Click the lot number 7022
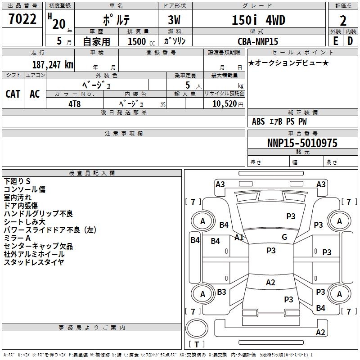tap(22, 19)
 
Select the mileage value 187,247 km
tap(53, 65)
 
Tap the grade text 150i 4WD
tap(258, 20)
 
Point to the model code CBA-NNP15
tap(258, 41)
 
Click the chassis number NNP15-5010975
tap(302, 143)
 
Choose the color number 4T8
tap(75, 104)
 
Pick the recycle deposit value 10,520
tap(225, 104)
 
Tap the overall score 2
tap(343, 21)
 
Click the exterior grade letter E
tap(336, 41)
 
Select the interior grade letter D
tap(350, 41)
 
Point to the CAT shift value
tap(13, 94)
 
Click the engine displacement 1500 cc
tap(141, 41)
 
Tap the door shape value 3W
tap(174, 20)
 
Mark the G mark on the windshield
tap(284, 237)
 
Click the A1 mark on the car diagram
tap(239, 238)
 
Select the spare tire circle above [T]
tap(197, 328)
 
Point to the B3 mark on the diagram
tap(221, 292)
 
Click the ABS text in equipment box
tap(258, 121)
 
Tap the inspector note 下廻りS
tap(17, 181)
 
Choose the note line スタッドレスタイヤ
tap(34, 262)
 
